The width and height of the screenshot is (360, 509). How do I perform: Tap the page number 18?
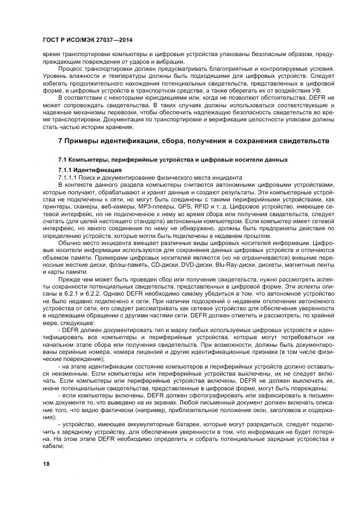point(46,463)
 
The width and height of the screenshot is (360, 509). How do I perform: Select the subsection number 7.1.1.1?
point(68,177)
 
